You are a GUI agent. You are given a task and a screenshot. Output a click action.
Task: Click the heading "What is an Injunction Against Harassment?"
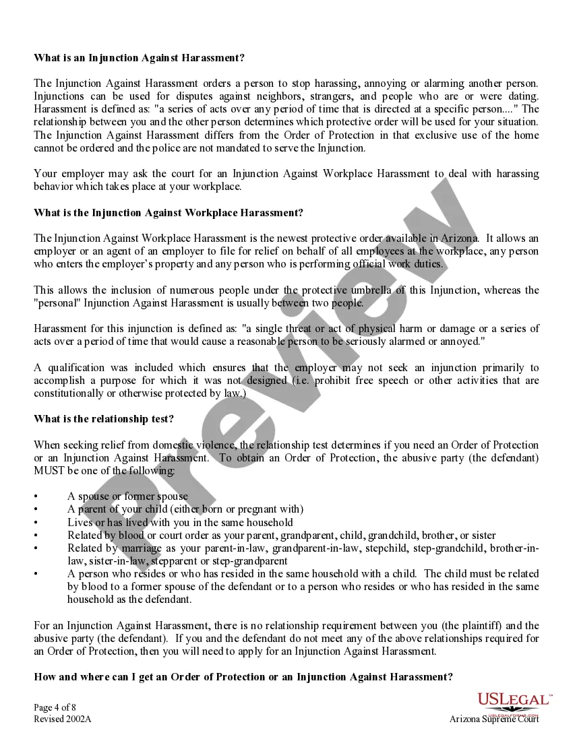tap(140, 58)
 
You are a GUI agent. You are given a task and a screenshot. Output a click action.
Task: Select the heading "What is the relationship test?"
tap(104, 419)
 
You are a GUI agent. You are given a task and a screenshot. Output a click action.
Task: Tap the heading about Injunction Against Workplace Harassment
tap(169, 213)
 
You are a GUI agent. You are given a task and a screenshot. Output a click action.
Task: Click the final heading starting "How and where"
tap(243, 677)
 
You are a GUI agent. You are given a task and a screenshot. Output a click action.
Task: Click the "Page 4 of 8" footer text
tap(57, 707)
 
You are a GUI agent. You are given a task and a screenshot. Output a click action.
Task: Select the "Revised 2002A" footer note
tap(62, 719)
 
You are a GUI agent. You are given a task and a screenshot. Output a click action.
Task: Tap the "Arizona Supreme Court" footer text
tap(494, 719)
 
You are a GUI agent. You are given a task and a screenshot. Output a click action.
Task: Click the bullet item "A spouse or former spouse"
tap(127, 496)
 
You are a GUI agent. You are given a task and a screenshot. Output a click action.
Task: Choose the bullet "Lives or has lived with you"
tap(180, 522)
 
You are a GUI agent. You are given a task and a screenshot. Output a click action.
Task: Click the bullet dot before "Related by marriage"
tap(36, 548)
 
